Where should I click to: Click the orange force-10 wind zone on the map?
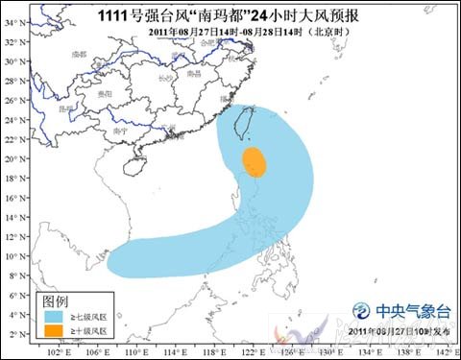click(x=254, y=162)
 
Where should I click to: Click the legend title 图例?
click(x=53, y=299)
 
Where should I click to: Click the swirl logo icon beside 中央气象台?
click(x=362, y=310)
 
